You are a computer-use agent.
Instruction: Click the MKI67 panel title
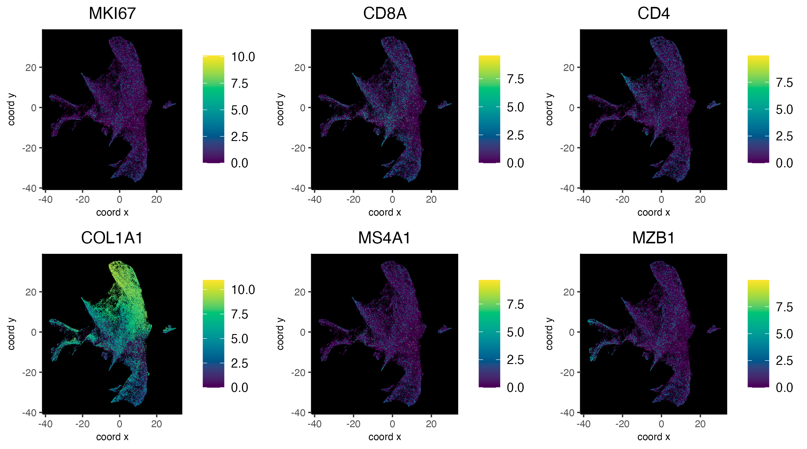click(x=112, y=13)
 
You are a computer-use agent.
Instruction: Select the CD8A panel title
click(x=384, y=13)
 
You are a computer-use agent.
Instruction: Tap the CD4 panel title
click(x=653, y=13)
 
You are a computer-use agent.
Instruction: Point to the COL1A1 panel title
click(x=112, y=238)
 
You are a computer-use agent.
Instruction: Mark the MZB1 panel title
click(x=653, y=238)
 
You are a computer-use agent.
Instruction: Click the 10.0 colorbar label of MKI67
click(x=243, y=57)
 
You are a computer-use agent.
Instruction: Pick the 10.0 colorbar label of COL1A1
click(x=243, y=290)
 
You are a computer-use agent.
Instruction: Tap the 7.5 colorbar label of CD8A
click(x=515, y=79)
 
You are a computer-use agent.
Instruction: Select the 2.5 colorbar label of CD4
click(x=784, y=136)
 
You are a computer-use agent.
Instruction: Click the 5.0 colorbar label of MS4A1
click(x=515, y=332)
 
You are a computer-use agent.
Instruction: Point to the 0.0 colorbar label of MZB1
click(x=784, y=388)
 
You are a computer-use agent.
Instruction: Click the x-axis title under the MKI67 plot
click(x=112, y=213)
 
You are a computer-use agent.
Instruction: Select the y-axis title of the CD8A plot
click(x=280, y=109)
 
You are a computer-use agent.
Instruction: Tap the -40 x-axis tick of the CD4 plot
click(x=583, y=199)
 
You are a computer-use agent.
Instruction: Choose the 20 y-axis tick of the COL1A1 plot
click(x=31, y=292)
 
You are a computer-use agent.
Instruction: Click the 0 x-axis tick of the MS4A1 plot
click(x=392, y=424)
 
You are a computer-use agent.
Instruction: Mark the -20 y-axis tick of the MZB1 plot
click(x=568, y=372)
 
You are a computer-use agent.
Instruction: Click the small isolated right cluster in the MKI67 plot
click(x=169, y=105)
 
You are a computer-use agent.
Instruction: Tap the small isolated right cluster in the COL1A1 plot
click(x=169, y=329)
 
